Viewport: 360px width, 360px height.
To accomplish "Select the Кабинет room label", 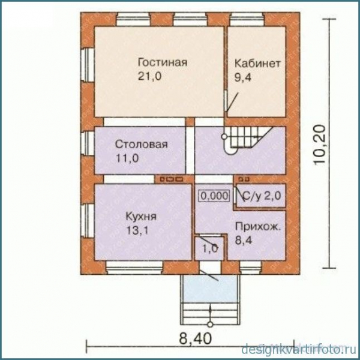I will pyautogui.click(x=257, y=63).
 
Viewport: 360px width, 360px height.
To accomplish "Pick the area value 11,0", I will pyautogui.click(x=127, y=158).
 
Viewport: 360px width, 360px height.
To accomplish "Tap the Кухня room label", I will pyautogui.click(x=142, y=215).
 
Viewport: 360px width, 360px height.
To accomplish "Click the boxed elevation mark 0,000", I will pyautogui.click(x=214, y=196).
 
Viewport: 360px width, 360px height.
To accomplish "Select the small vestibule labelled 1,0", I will pyautogui.click(x=208, y=248).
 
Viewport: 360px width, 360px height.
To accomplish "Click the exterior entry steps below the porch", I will pyautogui.click(x=211, y=312).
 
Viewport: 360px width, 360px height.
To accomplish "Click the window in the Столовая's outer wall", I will pyautogui.click(x=87, y=144).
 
